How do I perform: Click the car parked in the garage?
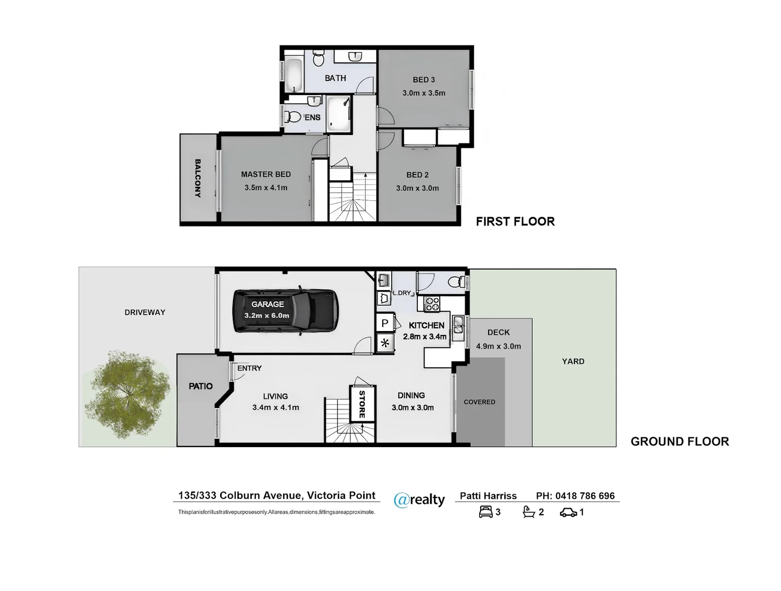pos(285,310)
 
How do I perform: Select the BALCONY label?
pos(198,178)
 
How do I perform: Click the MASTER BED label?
pos(266,175)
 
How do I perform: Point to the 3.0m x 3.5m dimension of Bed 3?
pos(423,93)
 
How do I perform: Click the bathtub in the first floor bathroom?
pos(294,76)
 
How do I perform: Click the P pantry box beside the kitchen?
pos(384,323)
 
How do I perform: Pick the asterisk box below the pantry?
pos(384,344)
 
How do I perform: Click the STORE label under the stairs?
pos(362,404)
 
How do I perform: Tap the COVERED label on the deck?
pos(479,402)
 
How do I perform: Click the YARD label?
pos(573,361)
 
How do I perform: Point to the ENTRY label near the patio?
pos(249,368)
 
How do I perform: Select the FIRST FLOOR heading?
pos(515,222)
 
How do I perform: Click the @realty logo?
pos(420,500)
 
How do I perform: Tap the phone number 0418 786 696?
pos(585,496)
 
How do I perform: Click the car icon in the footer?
pos(568,513)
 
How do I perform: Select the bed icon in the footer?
pos(485,512)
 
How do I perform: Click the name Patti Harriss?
pos(488,496)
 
